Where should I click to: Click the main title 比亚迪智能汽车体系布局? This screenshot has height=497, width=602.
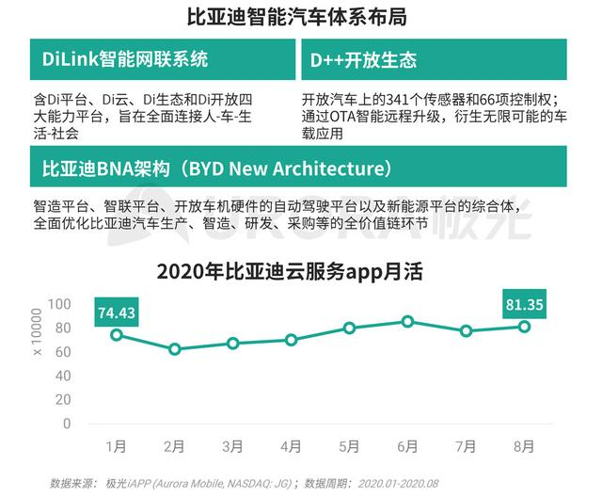300,17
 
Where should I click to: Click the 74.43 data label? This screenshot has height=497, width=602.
117,312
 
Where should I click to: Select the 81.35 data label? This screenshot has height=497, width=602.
524,304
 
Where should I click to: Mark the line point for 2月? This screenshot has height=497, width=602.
174,349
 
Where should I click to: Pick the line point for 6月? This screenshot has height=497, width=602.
407,322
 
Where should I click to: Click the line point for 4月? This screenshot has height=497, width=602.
291,340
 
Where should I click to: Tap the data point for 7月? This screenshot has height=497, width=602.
466,331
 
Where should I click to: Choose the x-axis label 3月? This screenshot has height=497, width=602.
232,444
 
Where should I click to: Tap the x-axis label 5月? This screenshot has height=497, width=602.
349,444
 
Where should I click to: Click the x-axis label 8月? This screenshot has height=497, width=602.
524,444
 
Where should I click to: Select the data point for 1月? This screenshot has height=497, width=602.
117,335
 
